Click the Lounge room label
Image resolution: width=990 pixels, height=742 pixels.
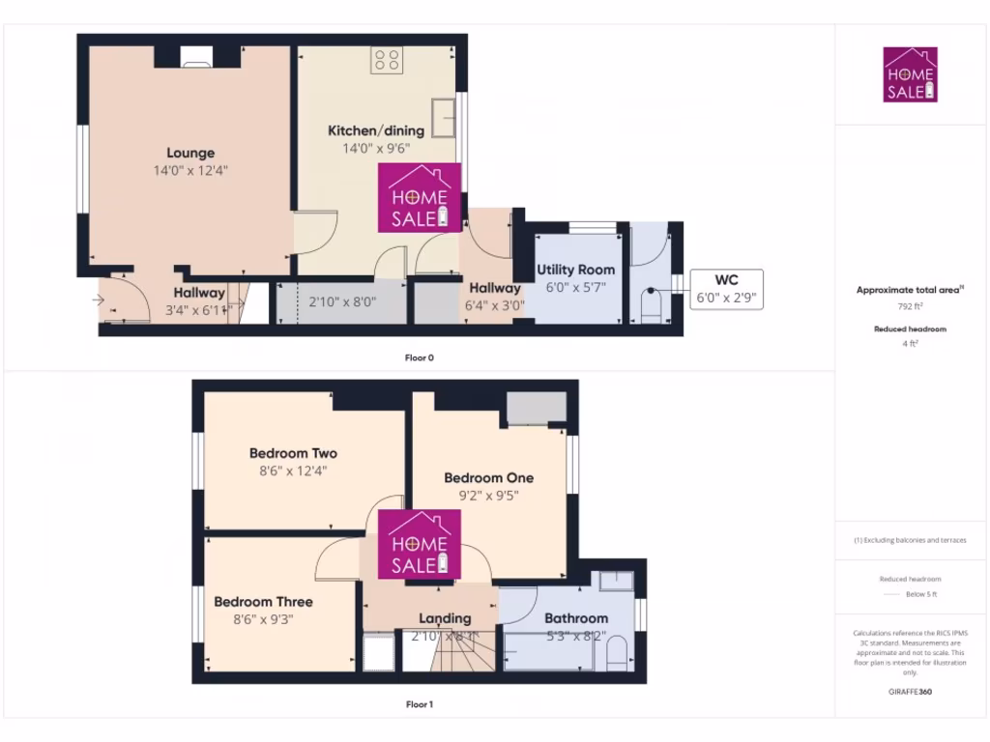click(x=190, y=153)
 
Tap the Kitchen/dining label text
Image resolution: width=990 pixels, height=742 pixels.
click(x=376, y=130)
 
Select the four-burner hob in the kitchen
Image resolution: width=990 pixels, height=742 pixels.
click(x=387, y=61)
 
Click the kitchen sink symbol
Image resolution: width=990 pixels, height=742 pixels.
click(x=446, y=117)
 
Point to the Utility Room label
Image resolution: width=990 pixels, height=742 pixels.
click(x=575, y=270)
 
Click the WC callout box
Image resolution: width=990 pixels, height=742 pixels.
click(x=726, y=289)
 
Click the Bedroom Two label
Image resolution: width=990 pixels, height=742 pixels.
click(x=293, y=453)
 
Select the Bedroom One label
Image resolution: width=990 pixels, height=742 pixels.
click(x=488, y=477)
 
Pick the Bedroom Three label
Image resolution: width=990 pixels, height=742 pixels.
click(x=263, y=601)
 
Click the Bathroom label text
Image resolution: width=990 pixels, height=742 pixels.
click(x=576, y=618)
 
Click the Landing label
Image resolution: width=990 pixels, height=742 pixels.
click(x=445, y=618)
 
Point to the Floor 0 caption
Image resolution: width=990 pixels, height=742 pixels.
click(x=419, y=357)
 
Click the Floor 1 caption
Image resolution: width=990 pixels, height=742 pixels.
click(x=419, y=704)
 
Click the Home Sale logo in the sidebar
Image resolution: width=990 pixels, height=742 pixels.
click(x=910, y=74)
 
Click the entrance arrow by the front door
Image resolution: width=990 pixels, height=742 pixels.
click(x=98, y=300)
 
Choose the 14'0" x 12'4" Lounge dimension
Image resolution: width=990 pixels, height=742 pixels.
click(x=190, y=170)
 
